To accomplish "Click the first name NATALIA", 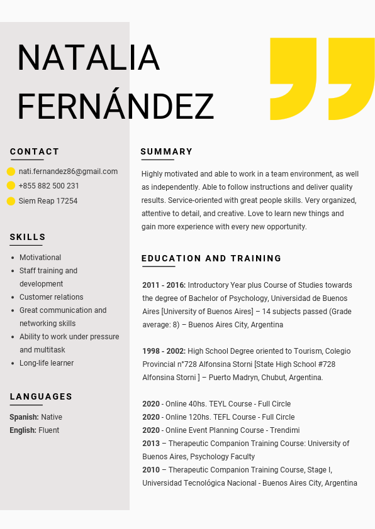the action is click(x=88, y=57).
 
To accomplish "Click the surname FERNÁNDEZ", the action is click(x=115, y=106).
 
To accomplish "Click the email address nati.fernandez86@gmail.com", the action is click(x=68, y=172).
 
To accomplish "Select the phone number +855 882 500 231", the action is click(x=49, y=186).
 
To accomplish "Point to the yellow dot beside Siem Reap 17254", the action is click(x=11, y=201).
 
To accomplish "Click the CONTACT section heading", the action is click(x=35, y=151).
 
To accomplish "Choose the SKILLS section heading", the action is click(x=28, y=237).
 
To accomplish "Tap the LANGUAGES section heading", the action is click(x=41, y=396).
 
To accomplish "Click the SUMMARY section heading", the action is click(x=167, y=151).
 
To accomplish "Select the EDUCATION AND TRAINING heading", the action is click(x=211, y=258).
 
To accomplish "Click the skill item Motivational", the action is click(x=40, y=258).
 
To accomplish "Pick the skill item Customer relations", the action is click(x=51, y=297).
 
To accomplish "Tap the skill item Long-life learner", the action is click(x=47, y=363).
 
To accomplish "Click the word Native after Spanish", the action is click(x=52, y=417).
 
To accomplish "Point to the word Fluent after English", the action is click(x=49, y=430).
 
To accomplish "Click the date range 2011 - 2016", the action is click(x=164, y=285).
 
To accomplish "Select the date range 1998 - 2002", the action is click(x=164, y=351).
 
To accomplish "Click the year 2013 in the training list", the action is click(x=151, y=444).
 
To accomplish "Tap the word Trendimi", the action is click(x=284, y=430).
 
